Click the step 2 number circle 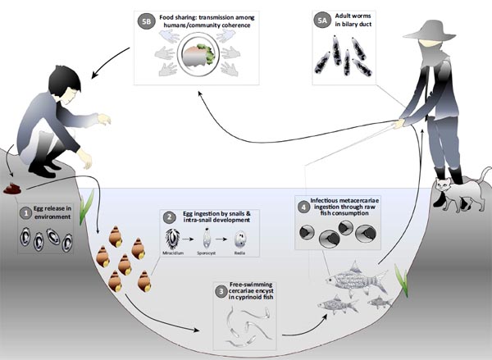click(170, 218)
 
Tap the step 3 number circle click(221, 290)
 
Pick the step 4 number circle click(303, 205)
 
